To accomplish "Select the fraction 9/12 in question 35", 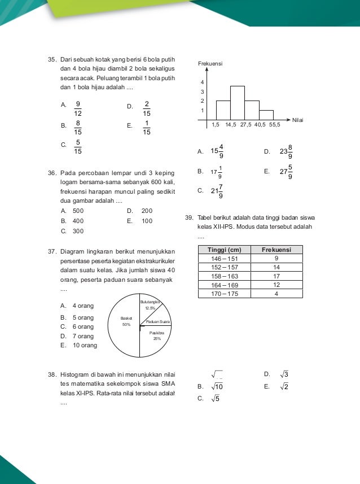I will [x=78, y=108].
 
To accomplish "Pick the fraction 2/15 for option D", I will [x=147, y=108].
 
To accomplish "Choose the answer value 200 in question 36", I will [x=147, y=211].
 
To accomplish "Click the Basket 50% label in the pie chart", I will [x=126, y=321].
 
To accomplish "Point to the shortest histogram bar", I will [x=266, y=115].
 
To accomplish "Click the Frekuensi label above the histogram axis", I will [x=210, y=64].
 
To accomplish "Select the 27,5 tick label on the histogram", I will [x=246, y=125].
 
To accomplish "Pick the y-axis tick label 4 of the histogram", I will [x=202, y=82].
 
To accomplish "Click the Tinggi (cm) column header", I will [x=224, y=250].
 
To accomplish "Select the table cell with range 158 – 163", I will [x=224, y=277].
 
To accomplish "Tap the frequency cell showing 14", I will [x=276, y=268].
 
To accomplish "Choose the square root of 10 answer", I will [x=218, y=387].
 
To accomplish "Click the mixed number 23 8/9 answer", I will [x=287, y=151].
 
